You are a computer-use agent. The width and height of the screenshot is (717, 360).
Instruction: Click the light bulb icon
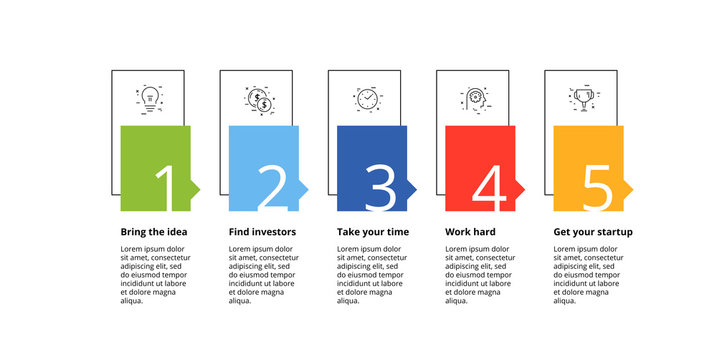pyautogui.click(x=151, y=97)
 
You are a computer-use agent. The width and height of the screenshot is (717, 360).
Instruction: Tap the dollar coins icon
pyautogui.click(x=259, y=99)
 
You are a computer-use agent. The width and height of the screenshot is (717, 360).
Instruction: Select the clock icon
pyautogui.click(x=368, y=99)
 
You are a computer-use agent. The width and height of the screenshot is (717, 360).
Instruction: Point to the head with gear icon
pyautogui.click(x=475, y=99)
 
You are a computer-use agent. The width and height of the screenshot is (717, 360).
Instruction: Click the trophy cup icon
pyautogui.click(x=584, y=98)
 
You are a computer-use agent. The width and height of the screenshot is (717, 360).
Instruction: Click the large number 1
pyautogui.click(x=165, y=188)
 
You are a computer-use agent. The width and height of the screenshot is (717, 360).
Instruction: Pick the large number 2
pyautogui.click(x=272, y=188)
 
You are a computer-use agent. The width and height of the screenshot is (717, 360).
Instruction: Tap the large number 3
pyautogui.click(x=380, y=188)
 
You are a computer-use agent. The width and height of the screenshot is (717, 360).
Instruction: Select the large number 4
pyautogui.click(x=489, y=188)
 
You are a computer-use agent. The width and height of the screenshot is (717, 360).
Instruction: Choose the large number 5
pyautogui.click(x=597, y=188)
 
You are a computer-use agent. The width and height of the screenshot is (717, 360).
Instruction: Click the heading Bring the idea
pyautogui.click(x=153, y=232)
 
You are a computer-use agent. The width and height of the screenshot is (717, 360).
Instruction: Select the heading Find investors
pyautogui.click(x=261, y=232)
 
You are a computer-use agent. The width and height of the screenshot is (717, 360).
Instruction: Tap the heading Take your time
pyautogui.click(x=371, y=232)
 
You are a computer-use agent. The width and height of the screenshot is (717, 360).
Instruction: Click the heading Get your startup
pyautogui.click(x=593, y=232)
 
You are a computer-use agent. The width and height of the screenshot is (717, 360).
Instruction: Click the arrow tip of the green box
pyautogui.click(x=196, y=188)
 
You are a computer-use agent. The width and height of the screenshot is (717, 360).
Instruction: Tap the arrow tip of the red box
pyautogui.click(x=521, y=188)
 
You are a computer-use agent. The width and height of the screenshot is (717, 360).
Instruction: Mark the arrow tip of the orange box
pyautogui.click(x=629, y=188)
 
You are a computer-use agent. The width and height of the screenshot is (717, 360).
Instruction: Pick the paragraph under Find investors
pyautogui.click(x=262, y=274)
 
